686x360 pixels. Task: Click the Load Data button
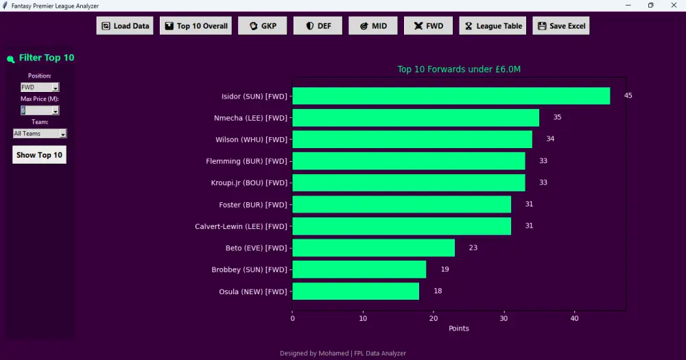tap(125, 26)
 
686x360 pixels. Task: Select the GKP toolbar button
tap(263, 26)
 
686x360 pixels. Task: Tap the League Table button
tap(493, 26)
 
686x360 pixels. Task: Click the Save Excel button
tap(561, 26)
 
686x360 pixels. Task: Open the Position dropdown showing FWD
tap(40, 87)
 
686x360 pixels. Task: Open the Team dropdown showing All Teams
tap(40, 134)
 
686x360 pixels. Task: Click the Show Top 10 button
tap(39, 155)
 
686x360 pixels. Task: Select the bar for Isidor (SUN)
tap(451, 96)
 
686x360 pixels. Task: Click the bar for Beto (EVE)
tap(374, 248)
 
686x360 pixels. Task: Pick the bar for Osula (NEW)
tap(355, 291)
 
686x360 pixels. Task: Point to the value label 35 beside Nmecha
tap(557, 117)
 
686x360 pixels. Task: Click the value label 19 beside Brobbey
tap(445, 269)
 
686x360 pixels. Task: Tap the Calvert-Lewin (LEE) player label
tap(241, 226)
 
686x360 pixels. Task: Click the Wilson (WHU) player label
tap(252, 139)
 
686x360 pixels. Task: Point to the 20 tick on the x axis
tap(433, 318)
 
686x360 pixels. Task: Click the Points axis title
tap(458, 328)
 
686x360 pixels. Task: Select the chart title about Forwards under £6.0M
tap(459, 69)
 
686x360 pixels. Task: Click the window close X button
tap(674, 5)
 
